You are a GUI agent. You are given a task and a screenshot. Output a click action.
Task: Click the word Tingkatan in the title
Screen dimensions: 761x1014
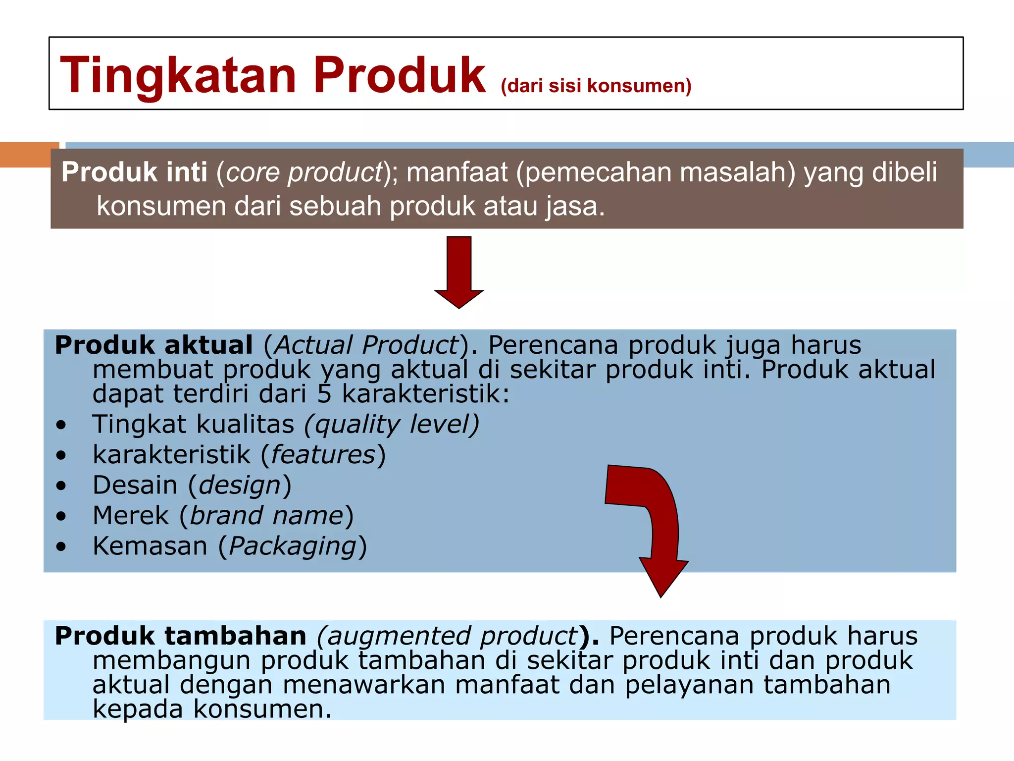(178, 75)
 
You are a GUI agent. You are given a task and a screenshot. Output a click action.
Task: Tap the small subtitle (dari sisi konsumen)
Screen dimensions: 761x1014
(596, 86)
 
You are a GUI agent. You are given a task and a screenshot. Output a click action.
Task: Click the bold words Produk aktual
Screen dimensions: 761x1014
(153, 345)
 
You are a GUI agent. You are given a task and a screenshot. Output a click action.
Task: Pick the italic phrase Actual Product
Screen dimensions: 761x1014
(366, 345)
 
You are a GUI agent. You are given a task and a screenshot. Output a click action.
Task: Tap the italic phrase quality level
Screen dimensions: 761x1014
(392, 425)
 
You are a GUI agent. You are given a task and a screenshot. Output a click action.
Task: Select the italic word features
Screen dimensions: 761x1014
(323, 455)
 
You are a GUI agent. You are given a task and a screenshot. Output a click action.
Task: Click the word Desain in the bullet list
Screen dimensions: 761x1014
(135, 485)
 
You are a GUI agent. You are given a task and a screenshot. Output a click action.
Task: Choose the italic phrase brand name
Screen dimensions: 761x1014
(266, 516)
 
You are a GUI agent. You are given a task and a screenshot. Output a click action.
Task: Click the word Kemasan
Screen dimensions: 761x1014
(150, 546)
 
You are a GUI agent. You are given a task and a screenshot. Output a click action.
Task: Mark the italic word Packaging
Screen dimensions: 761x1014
(293, 547)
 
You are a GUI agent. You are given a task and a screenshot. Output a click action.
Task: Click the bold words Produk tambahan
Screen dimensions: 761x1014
(181, 636)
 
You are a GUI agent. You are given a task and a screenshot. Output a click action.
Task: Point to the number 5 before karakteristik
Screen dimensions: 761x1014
(324, 394)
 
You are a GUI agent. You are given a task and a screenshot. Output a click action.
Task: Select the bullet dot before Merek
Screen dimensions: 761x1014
(61, 516)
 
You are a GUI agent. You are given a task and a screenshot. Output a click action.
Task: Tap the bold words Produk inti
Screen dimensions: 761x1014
(134, 172)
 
